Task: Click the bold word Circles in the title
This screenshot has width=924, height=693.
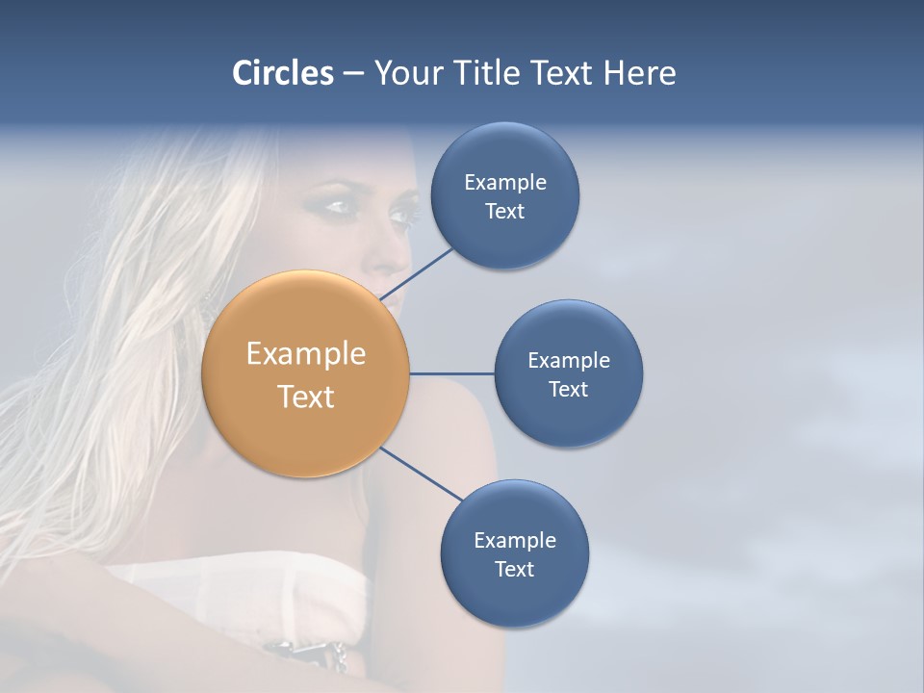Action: point(282,73)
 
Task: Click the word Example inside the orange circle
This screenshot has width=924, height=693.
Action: point(306,354)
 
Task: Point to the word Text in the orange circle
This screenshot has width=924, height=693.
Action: point(306,397)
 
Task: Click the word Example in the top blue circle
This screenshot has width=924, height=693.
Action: point(505,182)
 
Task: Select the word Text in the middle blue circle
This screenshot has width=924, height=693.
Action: point(569,389)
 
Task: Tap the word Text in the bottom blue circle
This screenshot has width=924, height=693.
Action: point(514,569)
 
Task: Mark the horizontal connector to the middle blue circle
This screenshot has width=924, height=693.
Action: point(452,372)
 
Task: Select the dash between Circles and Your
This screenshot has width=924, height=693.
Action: point(353,74)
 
